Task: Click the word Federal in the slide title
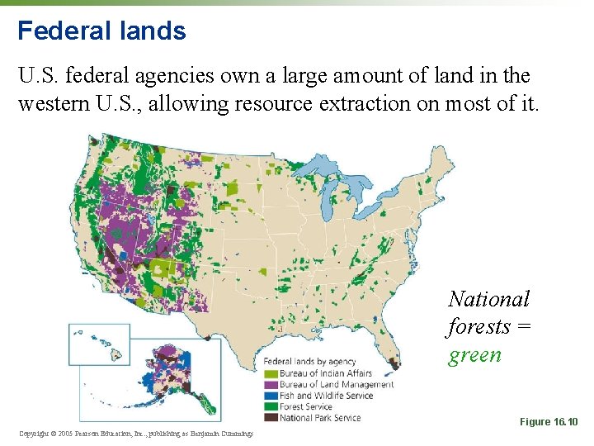point(54,31)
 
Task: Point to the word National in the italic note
point(488,299)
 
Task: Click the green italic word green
point(474,355)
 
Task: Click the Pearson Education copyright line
point(136,433)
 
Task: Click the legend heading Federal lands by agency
point(309,362)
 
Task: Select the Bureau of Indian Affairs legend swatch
point(271,373)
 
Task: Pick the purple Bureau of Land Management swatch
point(271,384)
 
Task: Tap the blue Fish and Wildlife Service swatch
point(271,396)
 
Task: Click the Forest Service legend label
point(306,406)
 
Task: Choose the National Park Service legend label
point(320,418)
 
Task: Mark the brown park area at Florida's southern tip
point(394,362)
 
